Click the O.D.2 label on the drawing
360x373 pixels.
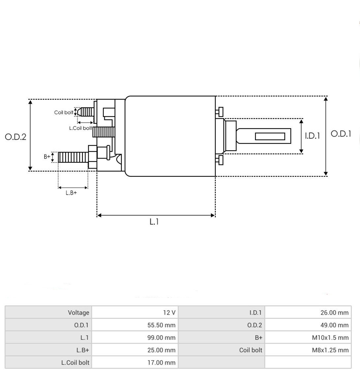pos(15,137)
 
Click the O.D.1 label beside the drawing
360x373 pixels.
pos(341,134)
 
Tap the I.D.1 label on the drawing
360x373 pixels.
pos(313,136)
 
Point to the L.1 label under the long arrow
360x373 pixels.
pos(154,222)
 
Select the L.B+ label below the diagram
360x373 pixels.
pos(71,193)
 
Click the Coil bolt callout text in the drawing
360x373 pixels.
pos(64,112)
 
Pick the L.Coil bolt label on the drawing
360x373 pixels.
pos(80,128)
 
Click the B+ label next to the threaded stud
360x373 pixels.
pos(47,157)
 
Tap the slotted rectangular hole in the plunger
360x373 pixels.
pos(270,136)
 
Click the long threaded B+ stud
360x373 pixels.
pos(73,157)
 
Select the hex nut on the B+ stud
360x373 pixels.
pos(93,157)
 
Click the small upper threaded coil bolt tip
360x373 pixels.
pos(86,112)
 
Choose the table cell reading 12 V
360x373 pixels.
pos(135,312)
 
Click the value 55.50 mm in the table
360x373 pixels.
pos(135,325)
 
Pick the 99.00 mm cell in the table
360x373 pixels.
pos(135,337)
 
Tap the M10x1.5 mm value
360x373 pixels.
pos(308,337)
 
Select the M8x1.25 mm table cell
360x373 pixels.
pos(308,350)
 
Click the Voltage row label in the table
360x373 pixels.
pos(78,312)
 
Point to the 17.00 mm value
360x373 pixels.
pos(135,362)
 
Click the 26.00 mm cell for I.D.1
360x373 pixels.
pos(308,312)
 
